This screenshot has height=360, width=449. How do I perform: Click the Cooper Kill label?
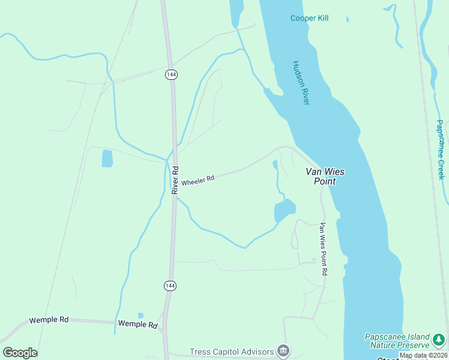click(x=309, y=19)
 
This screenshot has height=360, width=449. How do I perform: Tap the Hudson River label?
click(x=301, y=83)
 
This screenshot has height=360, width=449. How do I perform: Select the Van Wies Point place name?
click(x=325, y=176)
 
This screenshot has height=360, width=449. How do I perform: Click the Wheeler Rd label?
click(x=197, y=180)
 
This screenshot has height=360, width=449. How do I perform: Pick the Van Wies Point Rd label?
click(x=323, y=249)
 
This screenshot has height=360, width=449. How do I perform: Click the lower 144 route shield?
click(x=170, y=286)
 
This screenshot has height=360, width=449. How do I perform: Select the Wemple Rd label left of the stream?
click(x=48, y=320)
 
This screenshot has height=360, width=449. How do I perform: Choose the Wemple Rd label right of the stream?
click(x=137, y=324)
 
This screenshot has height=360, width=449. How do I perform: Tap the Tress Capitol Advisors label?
click(x=231, y=352)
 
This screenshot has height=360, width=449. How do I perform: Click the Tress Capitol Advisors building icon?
click(x=283, y=351)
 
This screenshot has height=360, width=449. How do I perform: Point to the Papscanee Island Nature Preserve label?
click(x=397, y=341)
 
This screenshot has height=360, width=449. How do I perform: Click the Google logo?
click(x=20, y=353)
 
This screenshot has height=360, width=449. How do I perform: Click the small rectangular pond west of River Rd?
click(x=107, y=158)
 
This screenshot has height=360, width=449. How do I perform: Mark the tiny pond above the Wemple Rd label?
click(x=140, y=315)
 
